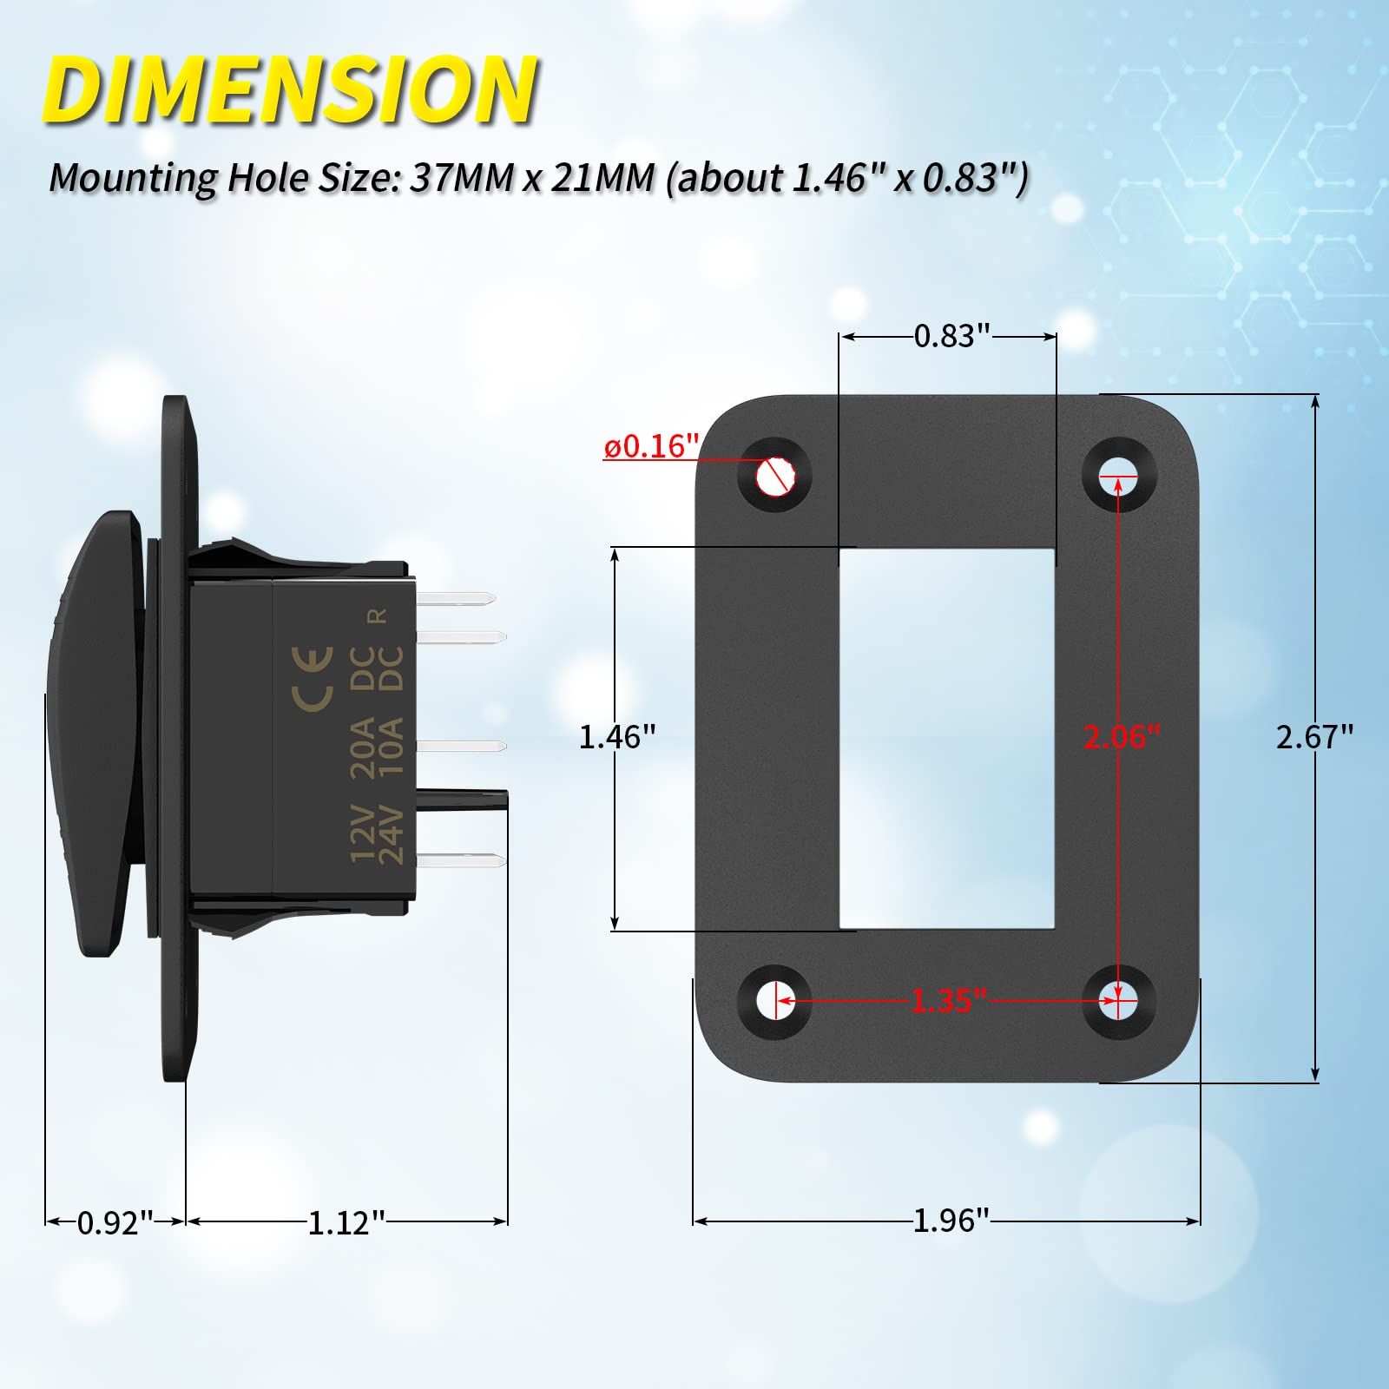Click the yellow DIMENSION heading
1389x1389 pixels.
pyautogui.click(x=291, y=90)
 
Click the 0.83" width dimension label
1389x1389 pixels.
pyautogui.click(x=951, y=336)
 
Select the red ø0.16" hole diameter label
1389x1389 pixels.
pyautogui.click(x=651, y=446)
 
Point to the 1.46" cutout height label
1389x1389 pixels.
pyautogui.click(x=616, y=737)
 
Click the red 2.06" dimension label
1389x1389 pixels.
pyautogui.click(x=1121, y=737)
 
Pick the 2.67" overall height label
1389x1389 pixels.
pyautogui.click(x=1314, y=737)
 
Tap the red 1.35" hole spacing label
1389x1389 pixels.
pyautogui.click(x=948, y=1001)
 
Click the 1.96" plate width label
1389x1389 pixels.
pyautogui.click(x=951, y=1220)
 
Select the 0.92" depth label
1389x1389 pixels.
pyautogui.click(x=115, y=1222)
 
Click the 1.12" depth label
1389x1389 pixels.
pyautogui.click(x=346, y=1222)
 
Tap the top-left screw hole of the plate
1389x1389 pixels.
pyautogui.click(x=774, y=477)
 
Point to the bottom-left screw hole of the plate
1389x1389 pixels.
pyautogui.click(x=774, y=1001)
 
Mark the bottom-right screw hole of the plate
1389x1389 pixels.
pyautogui.click(x=1119, y=1001)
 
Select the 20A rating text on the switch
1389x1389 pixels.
pyautogui.click(x=363, y=747)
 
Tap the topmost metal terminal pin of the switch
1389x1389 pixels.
pyautogui.click(x=456, y=598)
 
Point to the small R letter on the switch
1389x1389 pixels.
pyautogui.click(x=378, y=616)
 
